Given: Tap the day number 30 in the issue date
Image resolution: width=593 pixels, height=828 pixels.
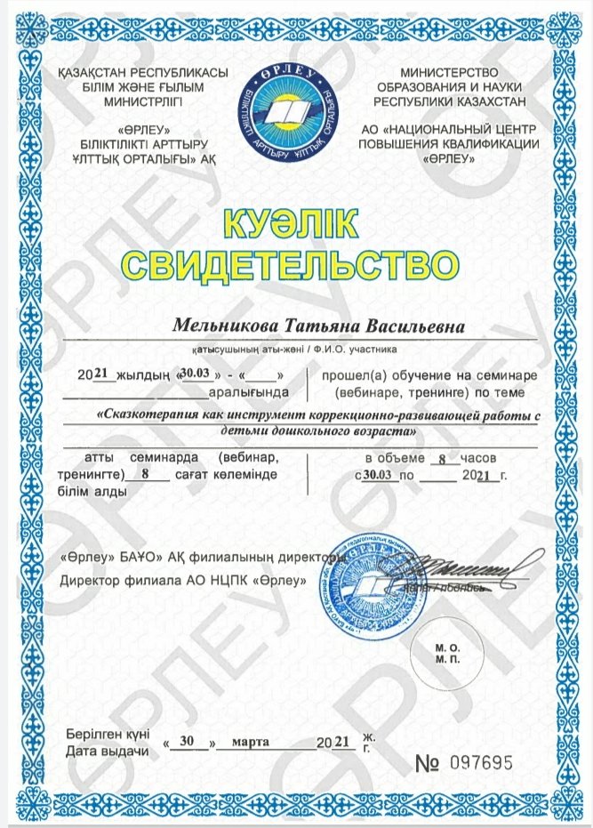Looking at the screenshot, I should pos(186,740).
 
